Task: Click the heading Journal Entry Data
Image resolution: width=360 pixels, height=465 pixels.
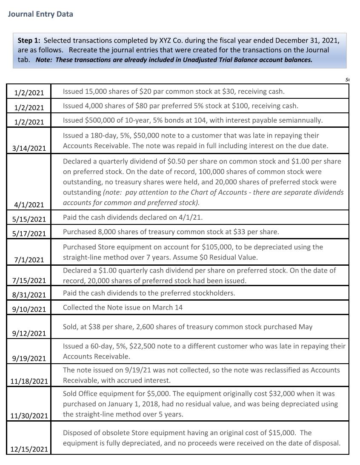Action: (40, 14)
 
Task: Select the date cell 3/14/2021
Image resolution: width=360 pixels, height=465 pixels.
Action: (29, 148)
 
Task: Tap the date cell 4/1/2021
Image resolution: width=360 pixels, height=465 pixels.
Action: (29, 205)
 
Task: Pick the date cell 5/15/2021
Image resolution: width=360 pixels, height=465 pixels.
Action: (29, 219)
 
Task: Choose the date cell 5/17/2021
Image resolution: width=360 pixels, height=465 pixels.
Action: (29, 233)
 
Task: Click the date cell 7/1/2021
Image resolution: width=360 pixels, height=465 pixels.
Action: (29, 260)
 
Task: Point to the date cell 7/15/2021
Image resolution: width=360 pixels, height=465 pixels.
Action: (29, 280)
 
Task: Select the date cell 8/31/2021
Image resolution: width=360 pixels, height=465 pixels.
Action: (29, 295)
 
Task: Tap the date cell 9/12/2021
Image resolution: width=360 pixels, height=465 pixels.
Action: (29, 333)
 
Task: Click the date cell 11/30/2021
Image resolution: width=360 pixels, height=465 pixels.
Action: (29, 415)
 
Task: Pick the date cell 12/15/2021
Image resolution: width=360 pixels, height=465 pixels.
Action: (29, 449)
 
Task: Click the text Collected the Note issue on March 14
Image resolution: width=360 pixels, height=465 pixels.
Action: (123, 307)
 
